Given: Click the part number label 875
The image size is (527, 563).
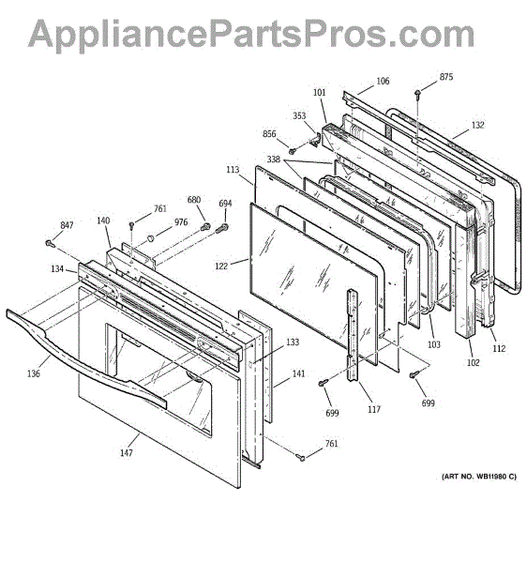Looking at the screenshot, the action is (x=446, y=77).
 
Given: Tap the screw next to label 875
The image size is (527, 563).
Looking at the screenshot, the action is (x=417, y=94).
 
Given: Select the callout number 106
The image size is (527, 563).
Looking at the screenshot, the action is (x=383, y=81).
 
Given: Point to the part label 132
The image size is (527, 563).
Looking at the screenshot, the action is (x=477, y=125).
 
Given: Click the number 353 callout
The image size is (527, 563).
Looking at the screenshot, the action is (x=299, y=115).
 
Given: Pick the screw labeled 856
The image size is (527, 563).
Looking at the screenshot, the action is (x=293, y=151).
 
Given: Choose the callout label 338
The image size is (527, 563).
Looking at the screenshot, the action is (x=274, y=159).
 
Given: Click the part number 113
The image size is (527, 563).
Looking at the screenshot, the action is (x=233, y=169).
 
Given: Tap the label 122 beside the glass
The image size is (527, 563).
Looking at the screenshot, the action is (x=221, y=266).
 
